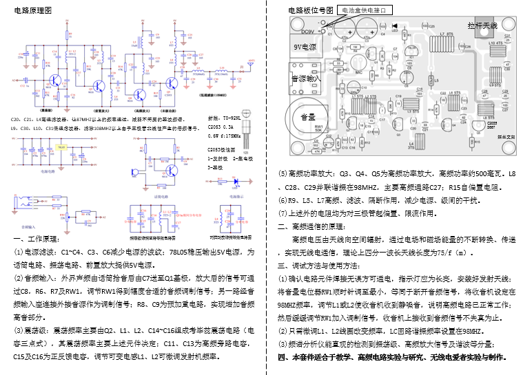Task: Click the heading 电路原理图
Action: tap(32, 11)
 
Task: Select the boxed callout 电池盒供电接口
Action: tap(364, 10)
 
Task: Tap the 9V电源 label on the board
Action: tap(305, 47)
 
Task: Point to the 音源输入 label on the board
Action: tap(306, 79)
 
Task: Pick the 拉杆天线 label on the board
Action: tap(482, 25)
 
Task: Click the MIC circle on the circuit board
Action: tap(358, 67)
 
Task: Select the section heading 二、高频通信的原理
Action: tap(314, 226)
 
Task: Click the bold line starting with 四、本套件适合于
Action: tap(392, 357)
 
